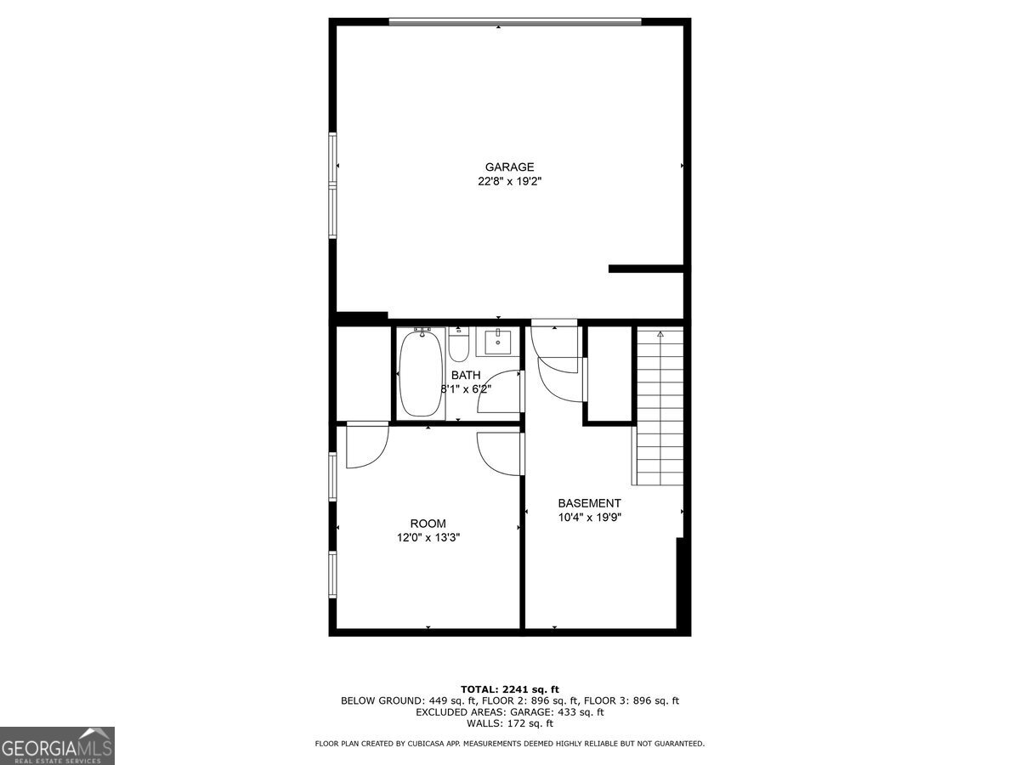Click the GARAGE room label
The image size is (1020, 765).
tap(509, 167)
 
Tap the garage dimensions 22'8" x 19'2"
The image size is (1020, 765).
tap(509, 181)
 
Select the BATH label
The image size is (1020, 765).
tap(466, 375)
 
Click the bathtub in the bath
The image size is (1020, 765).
tap(420, 373)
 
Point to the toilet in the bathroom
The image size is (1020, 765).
tap(459, 347)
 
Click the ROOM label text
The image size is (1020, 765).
tap(428, 524)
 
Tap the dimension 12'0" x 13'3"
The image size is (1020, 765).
tap(428, 537)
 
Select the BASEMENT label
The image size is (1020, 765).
tap(589, 503)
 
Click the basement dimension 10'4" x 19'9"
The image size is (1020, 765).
tap(589, 517)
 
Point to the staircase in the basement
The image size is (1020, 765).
tap(660, 408)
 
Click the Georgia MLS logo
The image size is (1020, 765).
tap(57, 745)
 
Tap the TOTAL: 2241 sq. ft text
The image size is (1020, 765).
tap(509, 688)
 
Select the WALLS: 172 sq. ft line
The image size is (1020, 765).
tap(509, 723)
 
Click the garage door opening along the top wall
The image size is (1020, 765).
tap(514, 22)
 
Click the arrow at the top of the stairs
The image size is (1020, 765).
tap(660, 335)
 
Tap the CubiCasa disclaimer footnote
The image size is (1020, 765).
tap(509, 744)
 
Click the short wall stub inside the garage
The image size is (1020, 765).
tap(646, 269)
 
